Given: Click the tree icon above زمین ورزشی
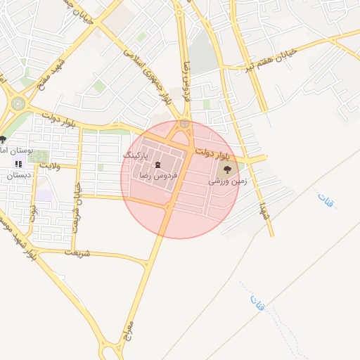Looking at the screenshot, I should coord(227,169).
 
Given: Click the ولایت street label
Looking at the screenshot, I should coord(50,165).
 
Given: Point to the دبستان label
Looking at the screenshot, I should coord(20,175).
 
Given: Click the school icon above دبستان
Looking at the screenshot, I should coord(19,164).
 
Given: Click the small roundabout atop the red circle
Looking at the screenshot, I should coord(184,124).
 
